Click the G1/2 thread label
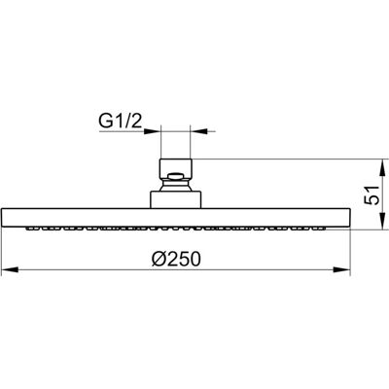[x=120, y=121]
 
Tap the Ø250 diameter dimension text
[x=176, y=259]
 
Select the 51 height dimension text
[x=371, y=194]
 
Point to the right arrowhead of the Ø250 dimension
[x=342, y=269]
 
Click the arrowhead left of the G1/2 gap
[x=153, y=131]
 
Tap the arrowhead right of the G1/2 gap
[x=198, y=131]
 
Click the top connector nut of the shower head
[x=176, y=168]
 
